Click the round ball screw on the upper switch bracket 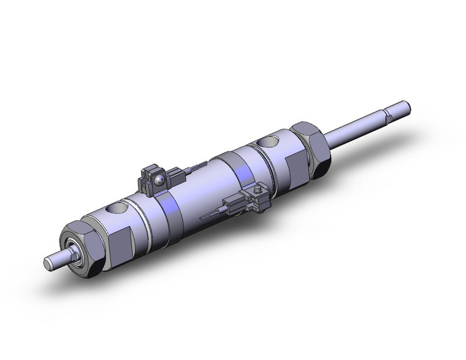161,180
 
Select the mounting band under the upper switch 169,209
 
